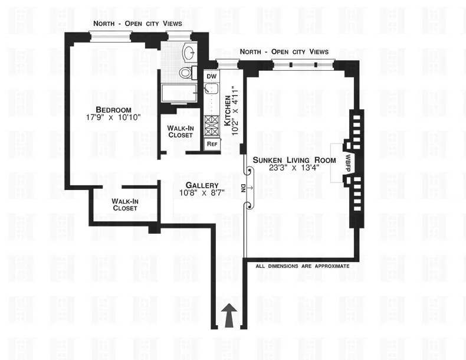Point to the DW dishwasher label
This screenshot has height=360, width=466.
211,76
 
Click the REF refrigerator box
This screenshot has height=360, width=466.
211,144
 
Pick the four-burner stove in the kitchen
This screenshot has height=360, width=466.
211,125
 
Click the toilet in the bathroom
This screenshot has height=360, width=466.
186,73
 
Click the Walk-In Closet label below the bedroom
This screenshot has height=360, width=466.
124,204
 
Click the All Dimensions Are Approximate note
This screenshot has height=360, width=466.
302,266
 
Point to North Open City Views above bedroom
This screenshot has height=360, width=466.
137,23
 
